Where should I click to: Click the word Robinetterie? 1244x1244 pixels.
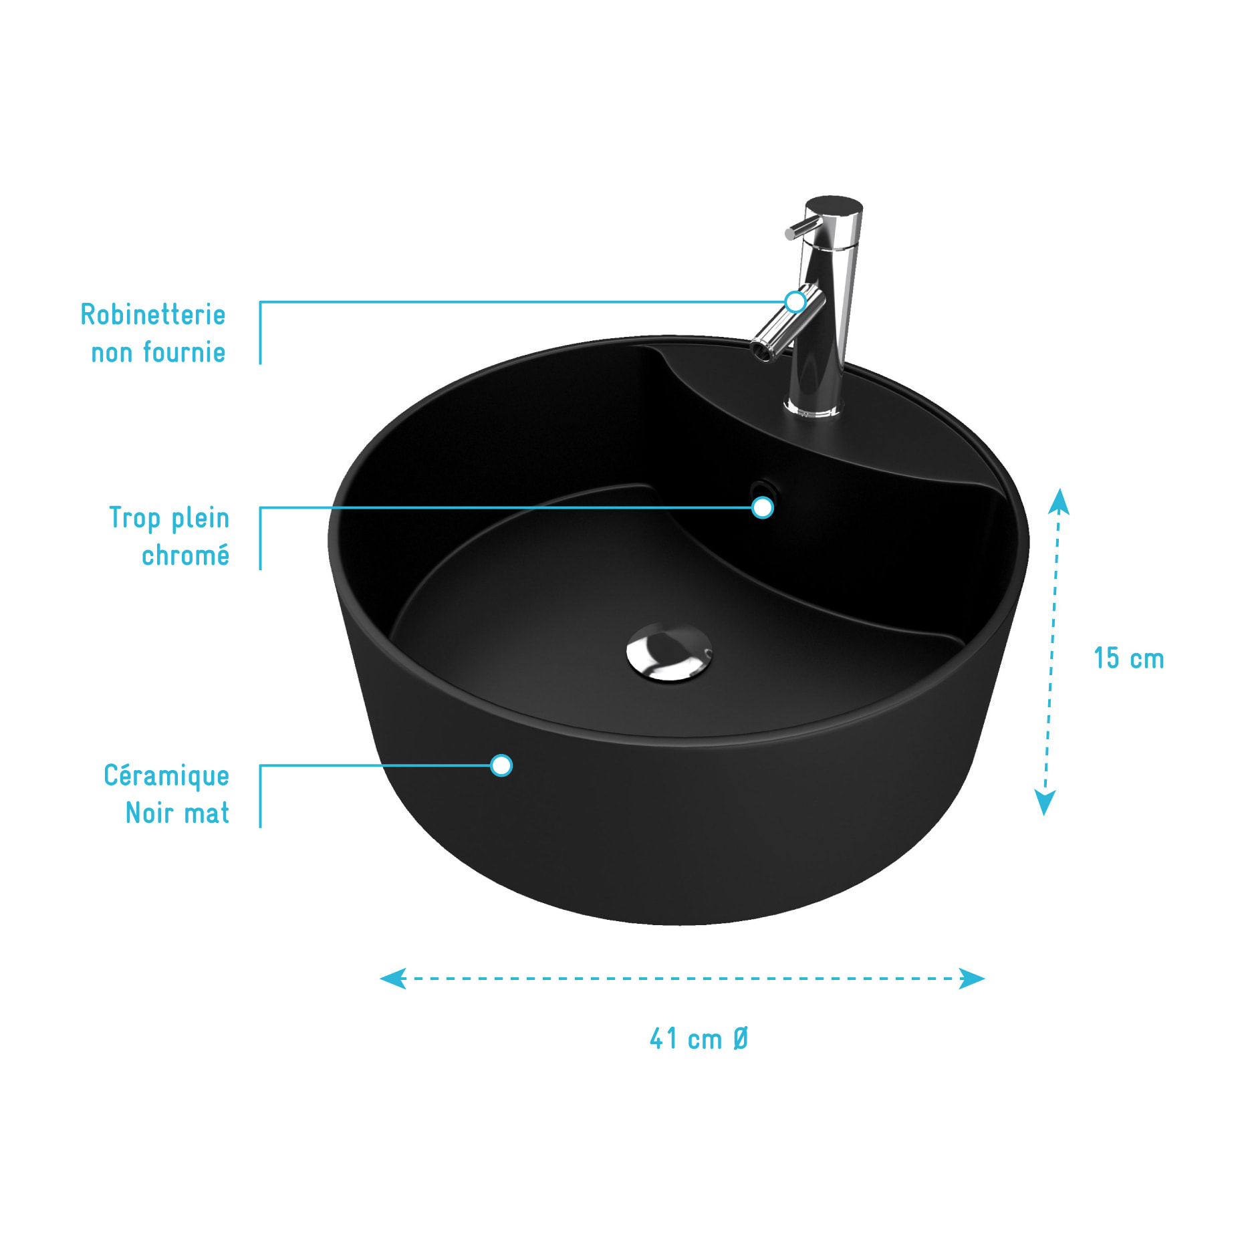(153, 315)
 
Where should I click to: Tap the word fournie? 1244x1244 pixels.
(184, 352)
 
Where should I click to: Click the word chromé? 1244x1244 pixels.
(185, 555)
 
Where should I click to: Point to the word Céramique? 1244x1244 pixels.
(166, 776)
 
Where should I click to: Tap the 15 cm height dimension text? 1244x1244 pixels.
(1128, 658)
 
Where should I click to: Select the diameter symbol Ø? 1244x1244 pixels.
(741, 1039)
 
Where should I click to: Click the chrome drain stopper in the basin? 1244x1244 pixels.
(669, 652)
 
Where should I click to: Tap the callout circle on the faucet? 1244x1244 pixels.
(795, 301)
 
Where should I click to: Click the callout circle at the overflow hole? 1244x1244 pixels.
(763, 507)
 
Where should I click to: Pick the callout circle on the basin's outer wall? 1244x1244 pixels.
(501, 765)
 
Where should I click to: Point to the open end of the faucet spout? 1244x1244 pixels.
(761, 350)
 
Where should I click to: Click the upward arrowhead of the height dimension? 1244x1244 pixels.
(1059, 501)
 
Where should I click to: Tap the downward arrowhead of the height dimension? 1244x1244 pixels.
(1045, 802)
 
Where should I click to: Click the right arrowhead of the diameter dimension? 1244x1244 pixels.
(972, 979)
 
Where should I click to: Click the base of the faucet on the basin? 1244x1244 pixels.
(814, 406)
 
